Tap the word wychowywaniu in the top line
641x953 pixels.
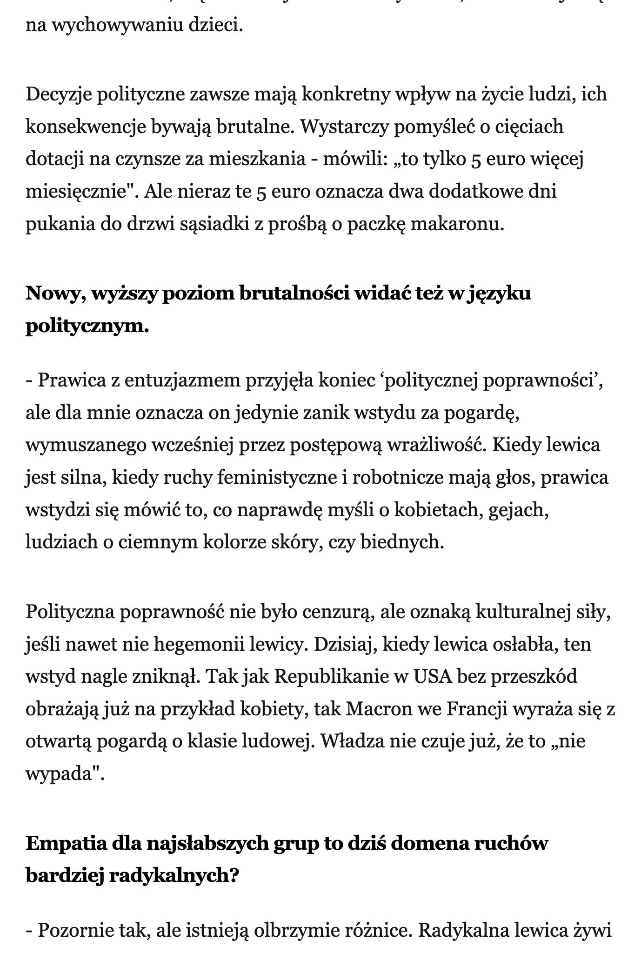click(x=120, y=25)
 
